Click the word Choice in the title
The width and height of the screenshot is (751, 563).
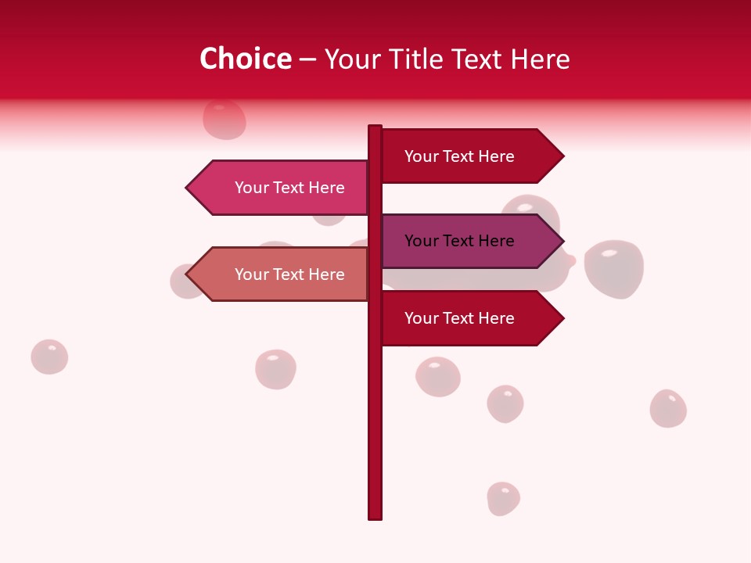(x=245, y=59)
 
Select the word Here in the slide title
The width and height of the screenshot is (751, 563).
(x=540, y=59)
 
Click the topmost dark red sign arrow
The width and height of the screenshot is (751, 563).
(x=469, y=156)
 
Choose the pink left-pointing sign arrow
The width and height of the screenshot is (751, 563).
(x=282, y=188)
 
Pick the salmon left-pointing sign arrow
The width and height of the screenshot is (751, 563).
(x=282, y=274)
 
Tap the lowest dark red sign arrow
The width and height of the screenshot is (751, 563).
(x=469, y=318)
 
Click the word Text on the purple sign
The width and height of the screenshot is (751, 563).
(x=459, y=241)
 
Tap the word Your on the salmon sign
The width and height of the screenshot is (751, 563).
(x=252, y=274)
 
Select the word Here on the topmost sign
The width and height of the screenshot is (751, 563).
(x=496, y=156)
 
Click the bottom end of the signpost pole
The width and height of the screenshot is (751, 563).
(x=375, y=516)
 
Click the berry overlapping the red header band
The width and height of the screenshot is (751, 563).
(x=225, y=119)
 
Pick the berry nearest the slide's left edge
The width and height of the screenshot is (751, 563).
(x=49, y=357)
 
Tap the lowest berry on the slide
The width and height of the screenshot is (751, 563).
(x=503, y=499)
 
